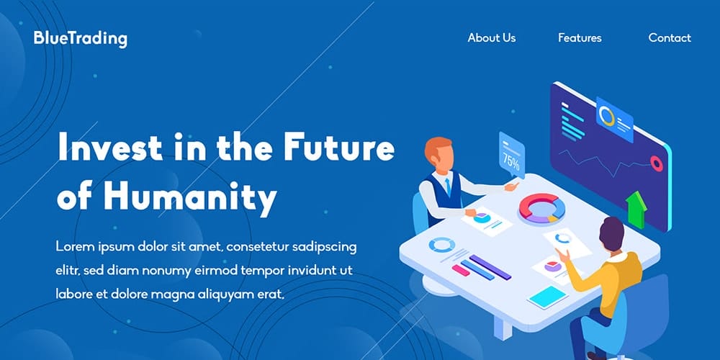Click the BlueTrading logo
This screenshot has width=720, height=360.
[80, 39]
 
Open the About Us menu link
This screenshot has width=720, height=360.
[491, 38]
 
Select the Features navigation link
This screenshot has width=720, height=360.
[580, 38]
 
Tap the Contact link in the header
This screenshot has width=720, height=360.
[670, 38]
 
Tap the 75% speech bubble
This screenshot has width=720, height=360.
[511, 157]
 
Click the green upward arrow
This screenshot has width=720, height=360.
[636, 208]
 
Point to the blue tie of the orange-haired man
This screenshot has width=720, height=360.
[447, 187]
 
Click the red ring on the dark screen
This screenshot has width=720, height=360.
[656, 164]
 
